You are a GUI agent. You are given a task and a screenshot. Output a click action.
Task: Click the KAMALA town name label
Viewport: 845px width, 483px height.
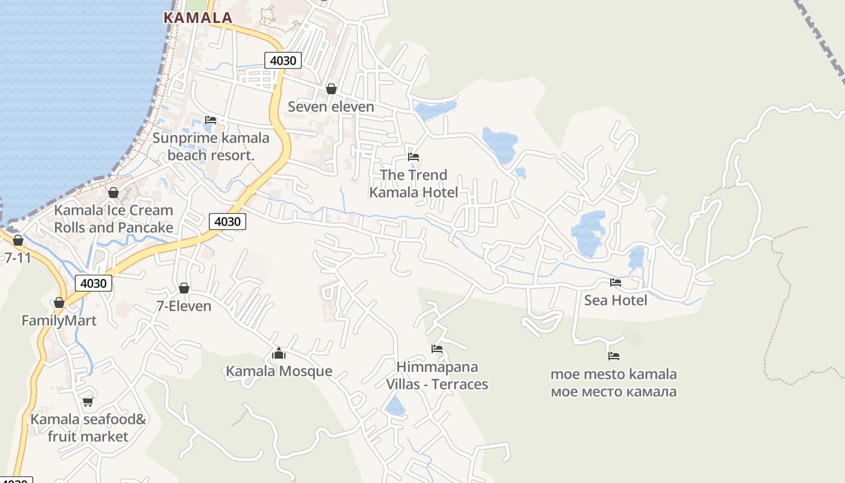198,18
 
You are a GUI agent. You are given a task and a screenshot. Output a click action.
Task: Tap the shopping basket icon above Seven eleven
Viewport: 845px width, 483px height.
331,89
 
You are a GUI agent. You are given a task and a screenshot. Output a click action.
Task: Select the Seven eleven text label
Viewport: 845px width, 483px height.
331,107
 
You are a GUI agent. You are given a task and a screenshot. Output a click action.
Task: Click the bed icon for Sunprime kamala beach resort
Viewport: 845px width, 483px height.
210,120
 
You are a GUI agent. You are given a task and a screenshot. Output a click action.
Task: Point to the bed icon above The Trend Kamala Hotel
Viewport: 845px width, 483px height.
413,157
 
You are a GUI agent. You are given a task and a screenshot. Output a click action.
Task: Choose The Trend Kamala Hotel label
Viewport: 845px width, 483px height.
413,184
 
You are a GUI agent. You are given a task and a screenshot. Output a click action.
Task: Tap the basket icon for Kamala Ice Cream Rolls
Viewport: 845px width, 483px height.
113,193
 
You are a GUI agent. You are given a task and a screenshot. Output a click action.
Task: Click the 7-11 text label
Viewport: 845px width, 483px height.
18,258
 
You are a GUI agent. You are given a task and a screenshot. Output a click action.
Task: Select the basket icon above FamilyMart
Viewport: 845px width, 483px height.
59,302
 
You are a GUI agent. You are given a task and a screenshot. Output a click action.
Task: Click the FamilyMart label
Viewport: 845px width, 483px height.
59,321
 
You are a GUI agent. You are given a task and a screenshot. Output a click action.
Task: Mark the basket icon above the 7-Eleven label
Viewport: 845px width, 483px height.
184,288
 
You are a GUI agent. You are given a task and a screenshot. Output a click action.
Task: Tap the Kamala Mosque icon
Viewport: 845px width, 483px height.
278,353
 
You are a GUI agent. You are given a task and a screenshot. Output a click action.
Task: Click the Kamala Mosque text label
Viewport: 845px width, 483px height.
279,371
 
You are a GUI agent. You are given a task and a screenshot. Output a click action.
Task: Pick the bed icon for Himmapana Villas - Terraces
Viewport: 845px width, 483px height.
437,349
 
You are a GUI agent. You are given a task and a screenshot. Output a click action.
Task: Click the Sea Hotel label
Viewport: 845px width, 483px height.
615,300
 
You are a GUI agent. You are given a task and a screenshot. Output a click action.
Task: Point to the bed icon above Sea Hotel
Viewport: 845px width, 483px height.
615,282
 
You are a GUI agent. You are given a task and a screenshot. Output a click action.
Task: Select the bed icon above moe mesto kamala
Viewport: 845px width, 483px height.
614,356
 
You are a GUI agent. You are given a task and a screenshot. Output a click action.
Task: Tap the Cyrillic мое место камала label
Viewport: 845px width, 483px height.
613,392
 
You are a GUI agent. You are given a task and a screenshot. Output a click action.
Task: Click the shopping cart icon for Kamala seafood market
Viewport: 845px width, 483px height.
88,401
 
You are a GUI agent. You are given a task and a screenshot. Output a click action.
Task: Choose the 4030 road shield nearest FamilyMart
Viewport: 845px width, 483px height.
94,283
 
